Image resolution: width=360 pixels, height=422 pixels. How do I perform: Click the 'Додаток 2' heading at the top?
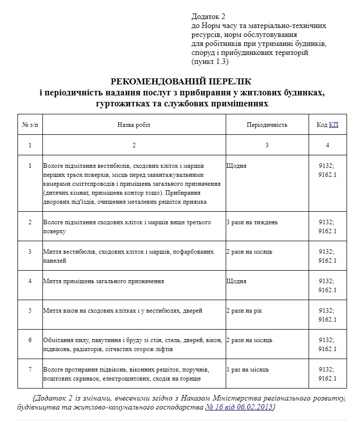208,17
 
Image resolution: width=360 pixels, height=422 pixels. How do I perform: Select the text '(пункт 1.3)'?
209,61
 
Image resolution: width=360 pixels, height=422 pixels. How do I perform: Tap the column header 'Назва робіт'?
134,125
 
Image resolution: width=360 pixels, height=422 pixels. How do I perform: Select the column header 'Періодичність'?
267,125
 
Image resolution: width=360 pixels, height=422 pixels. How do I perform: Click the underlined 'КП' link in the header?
333,125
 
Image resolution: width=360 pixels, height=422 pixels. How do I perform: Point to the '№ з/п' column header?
30,125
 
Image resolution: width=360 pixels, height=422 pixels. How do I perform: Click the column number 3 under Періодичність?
267,145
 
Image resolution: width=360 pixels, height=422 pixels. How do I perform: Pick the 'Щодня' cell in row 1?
236,166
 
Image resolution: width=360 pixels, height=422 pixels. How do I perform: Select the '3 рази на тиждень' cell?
252,222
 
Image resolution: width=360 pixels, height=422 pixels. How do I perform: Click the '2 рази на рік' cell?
244,311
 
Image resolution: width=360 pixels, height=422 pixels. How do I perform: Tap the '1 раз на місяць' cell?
248,370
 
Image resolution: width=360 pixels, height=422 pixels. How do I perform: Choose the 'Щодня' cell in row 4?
236,281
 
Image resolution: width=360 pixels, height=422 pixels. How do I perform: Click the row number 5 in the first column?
30,311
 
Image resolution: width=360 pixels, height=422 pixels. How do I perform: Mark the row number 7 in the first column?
30,370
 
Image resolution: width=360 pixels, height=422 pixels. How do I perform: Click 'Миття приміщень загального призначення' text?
104,281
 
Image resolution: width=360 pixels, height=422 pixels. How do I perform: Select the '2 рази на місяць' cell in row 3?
249,252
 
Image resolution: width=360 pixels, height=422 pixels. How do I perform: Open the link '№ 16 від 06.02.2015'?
239,407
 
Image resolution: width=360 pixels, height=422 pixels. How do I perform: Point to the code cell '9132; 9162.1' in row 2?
327,227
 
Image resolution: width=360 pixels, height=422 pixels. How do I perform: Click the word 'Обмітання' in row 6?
58,340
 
